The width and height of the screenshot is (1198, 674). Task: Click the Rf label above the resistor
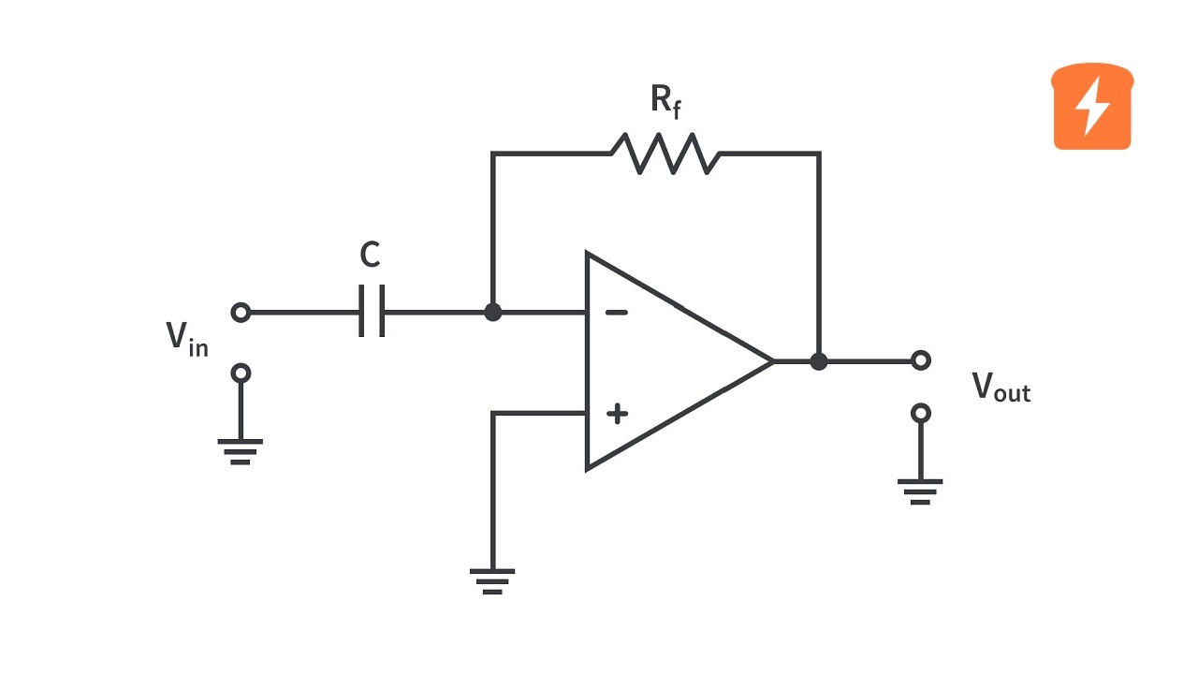coord(665,101)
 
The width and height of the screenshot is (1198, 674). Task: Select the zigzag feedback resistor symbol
coord(665,154)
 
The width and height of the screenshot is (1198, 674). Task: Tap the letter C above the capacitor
coord(370,254)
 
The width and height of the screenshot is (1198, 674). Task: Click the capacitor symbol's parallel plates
coord(372,311)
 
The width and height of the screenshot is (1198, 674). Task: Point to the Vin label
coord(186,339)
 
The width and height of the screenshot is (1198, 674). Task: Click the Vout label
coord(1001,387)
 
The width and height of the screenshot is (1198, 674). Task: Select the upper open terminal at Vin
coord(241,313)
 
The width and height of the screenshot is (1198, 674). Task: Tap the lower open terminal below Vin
coord(241,373)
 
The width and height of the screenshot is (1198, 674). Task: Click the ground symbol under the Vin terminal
coord(241,451)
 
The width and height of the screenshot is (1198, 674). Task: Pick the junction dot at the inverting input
coord(492,313)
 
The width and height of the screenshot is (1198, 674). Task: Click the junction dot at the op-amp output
coord(819,361)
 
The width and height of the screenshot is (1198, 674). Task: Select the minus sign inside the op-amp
coord(617,313)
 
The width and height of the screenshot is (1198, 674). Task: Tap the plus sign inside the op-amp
coord(617,414)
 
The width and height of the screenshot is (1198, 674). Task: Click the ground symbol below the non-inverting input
coord(492,581)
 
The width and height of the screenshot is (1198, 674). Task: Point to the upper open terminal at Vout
coord(920,360)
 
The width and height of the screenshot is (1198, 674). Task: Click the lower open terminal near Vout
coord(920,414)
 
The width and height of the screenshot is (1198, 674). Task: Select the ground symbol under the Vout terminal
coord(920,491)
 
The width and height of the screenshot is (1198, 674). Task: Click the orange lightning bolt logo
coord(1092,106)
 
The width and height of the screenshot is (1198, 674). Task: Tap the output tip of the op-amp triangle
coord(773,361)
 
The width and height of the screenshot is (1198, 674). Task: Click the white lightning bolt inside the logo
coord(1092,106)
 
